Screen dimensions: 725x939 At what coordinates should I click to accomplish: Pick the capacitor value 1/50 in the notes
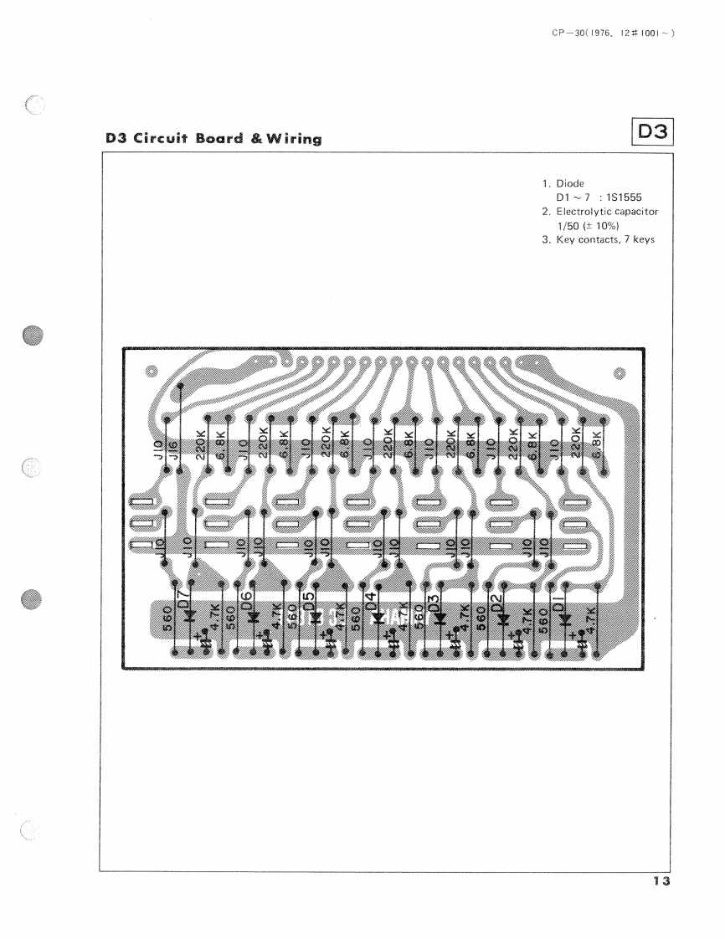(570, 226)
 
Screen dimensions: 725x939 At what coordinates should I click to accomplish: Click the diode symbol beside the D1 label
(565, 619)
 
